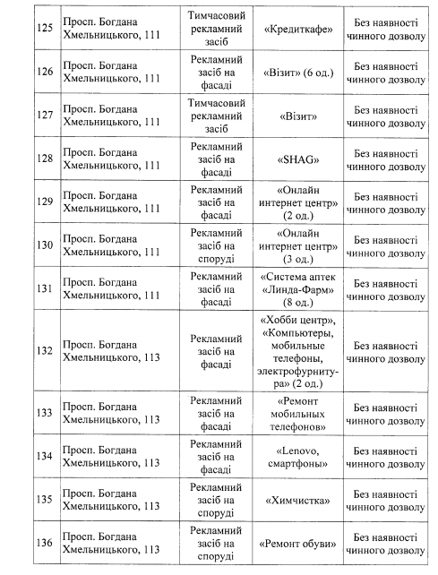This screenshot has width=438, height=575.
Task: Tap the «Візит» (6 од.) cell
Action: [299, 73]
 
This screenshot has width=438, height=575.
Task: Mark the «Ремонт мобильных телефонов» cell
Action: [299, 414]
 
